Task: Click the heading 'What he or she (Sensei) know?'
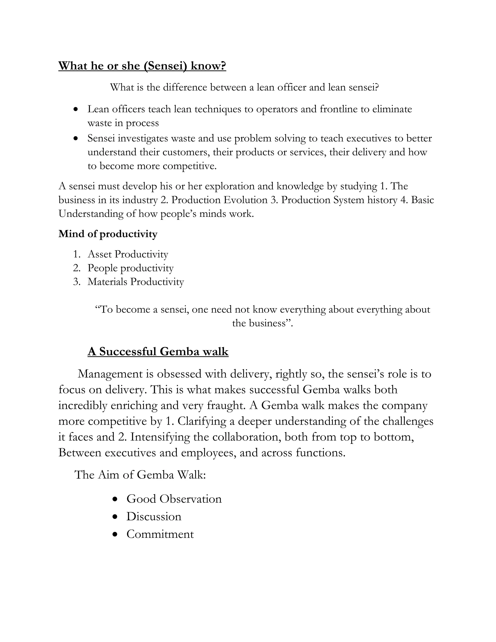click(x=142, y=66)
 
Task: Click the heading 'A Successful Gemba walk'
click(x=158, y=351)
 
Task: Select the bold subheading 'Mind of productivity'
click(x=108, y=234)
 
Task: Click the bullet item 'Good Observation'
click(x=174, y=499)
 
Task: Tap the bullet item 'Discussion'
click(x=154, y=517)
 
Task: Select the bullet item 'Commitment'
click(x=160, y=534)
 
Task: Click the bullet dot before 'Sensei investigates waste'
click(x=76, y=138)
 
